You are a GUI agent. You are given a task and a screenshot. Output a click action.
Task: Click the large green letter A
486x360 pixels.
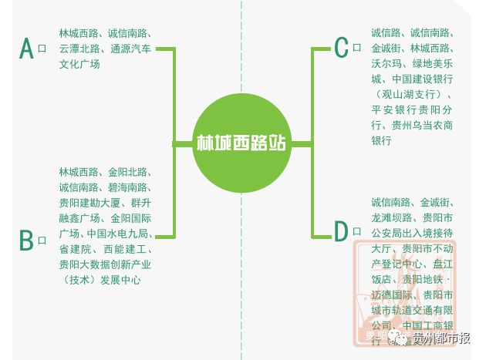tap(26, 49)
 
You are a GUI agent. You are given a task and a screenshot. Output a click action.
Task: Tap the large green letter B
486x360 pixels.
tap(26, 240)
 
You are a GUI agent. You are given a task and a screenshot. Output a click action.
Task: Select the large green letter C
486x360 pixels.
tap(341, 48)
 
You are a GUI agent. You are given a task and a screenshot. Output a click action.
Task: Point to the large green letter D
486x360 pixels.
tap(341, 230)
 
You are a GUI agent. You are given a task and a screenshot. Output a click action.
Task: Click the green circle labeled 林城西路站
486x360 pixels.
tap(241, 143)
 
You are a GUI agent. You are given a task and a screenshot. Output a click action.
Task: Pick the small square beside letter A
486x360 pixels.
tap(42, 49)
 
